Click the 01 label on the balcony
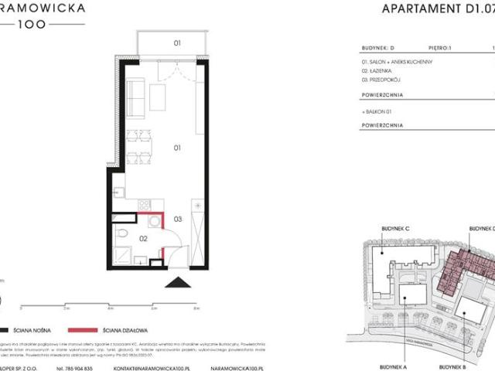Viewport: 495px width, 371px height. [x=155, y=43]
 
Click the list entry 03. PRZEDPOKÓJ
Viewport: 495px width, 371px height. [x=383, y=78]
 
